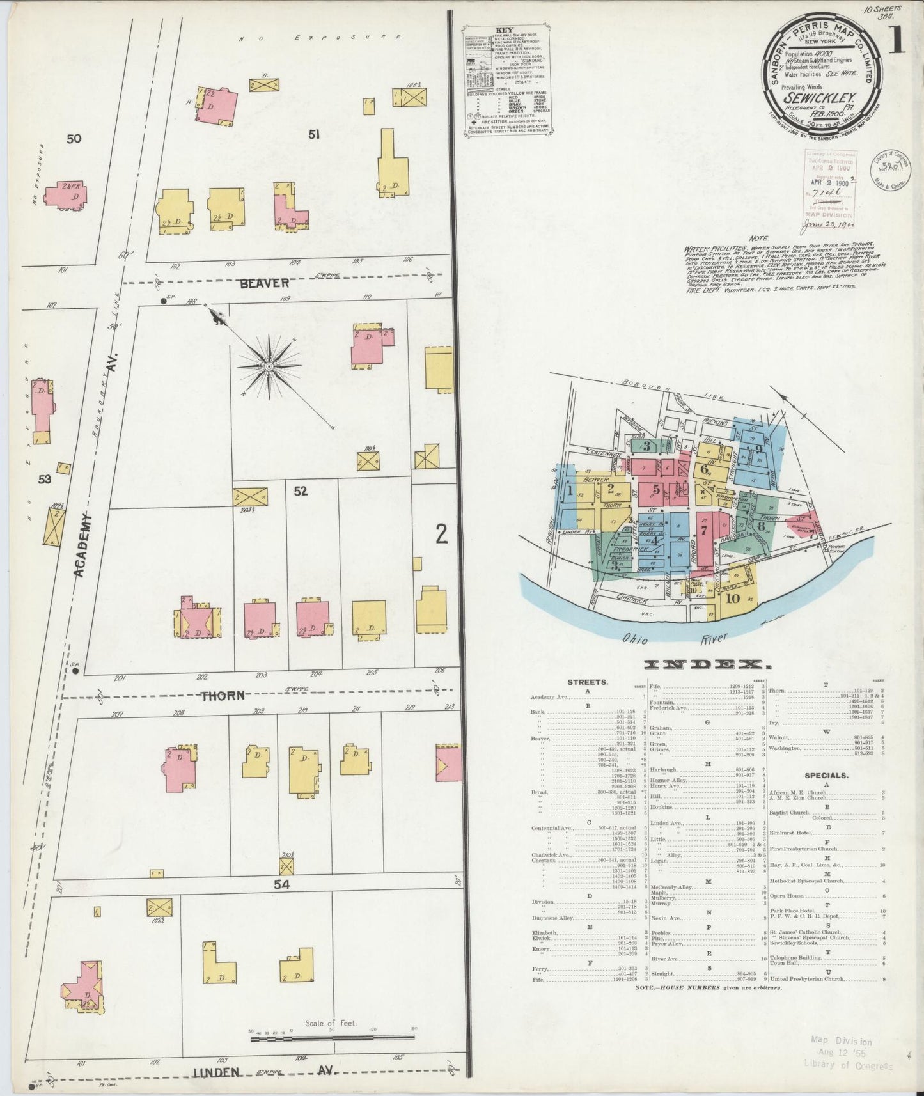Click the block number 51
(x=314, y=134)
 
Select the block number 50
(x=74, y=138)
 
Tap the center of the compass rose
(x=269, y=366)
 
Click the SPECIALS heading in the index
(x=826, y=776)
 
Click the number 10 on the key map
(x=733, y=599)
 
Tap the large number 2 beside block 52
(x=441, y=534)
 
